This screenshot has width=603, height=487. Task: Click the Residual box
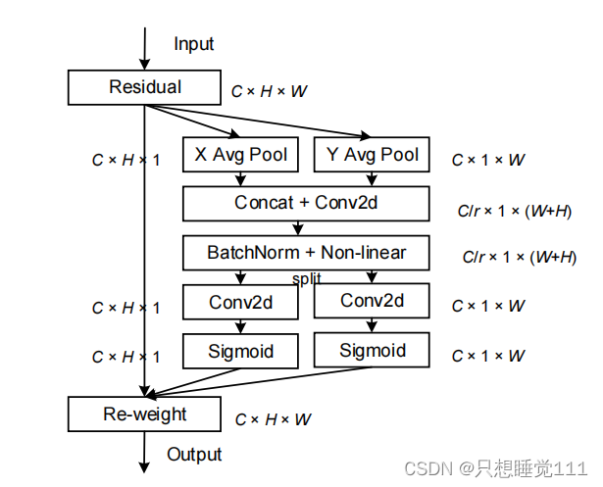click(x=144, y=87)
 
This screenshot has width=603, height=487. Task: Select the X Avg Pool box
click(x=240, y=154)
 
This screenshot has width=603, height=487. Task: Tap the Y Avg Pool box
click(x=372, y=154)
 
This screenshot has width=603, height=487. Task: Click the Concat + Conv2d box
click(x=306, y=203)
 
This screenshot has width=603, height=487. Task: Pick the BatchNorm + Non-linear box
click(x=306, y=253)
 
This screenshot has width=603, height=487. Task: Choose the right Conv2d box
click(x=372, y=301)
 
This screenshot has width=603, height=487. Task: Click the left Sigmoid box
click(x=240, y=351)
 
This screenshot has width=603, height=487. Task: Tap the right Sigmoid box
click(x=372, y=350)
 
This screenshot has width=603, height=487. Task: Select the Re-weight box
click(x=144, y=414)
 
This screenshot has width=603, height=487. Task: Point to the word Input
click(x=193, y=44)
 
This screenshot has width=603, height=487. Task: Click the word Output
click(x=194, y=455)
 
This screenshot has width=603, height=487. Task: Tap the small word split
click(x=304, y=278)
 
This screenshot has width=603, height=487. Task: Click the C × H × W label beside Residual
click(x=269, y=91)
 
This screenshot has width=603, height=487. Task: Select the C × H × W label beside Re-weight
click(x=273, y=419)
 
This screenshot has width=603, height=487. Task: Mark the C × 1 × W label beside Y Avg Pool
click(x=487, y=159)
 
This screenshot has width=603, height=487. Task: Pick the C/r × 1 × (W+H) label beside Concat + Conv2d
click(x=515, y=210)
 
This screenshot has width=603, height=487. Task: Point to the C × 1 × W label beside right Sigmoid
click(x=487, y=356)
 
